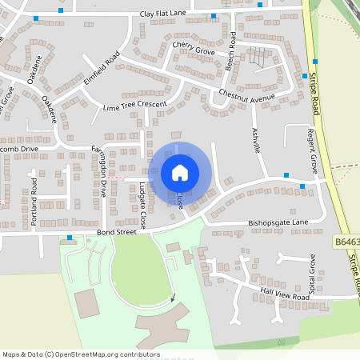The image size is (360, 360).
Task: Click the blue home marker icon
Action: tap(180, 172)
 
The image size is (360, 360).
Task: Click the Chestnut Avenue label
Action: tap(246, 98)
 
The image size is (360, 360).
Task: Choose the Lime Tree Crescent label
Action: tap(135, 106)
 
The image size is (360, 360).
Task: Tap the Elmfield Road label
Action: tap(100, 70)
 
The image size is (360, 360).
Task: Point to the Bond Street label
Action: tap(113, 233)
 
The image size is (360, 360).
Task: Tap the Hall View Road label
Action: tap(278, 295)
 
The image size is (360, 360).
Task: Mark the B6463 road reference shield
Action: tap(346, 240)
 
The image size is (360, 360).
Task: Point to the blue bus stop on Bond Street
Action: tap(70, 237)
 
